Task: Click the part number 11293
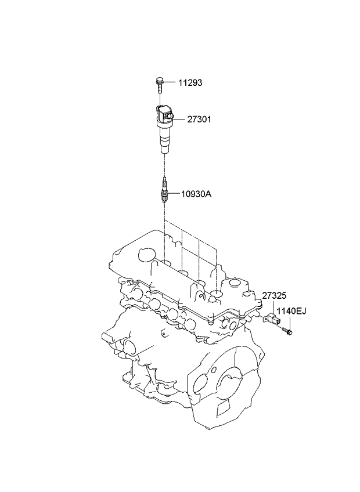click(190, 83)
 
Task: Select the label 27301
click(199, 120)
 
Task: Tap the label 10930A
click(196, 194)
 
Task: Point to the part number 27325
click(274, 295)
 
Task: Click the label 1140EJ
click(291, 311)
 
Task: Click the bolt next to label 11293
click(160, 84)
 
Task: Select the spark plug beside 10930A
click(163, 190)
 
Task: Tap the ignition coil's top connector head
click(164, 115)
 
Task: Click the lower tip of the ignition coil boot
click(164, 153)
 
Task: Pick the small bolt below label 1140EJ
click(287, 330)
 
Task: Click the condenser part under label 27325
click(272, 319)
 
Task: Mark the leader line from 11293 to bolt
click(170, 83)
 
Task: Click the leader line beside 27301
click(179, 120)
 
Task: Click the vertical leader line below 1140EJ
click(290, 322)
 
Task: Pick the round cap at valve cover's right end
click(235, 283)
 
